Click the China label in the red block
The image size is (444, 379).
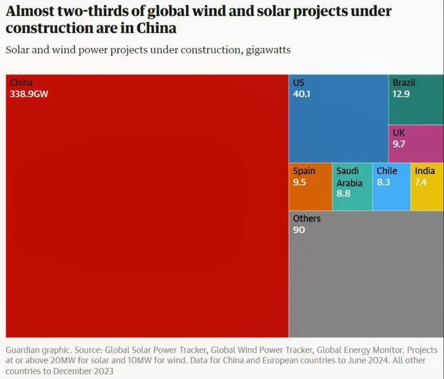tap(21, 83)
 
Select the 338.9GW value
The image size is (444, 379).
tap(29, 94)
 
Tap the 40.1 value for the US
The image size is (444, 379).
tap(301, 94)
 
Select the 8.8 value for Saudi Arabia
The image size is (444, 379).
tap(343, 194)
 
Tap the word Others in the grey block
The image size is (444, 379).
tap(307, 218)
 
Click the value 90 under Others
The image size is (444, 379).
tap(299, 230)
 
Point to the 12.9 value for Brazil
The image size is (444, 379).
tap(401, 94)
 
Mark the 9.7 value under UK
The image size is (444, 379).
tap(399, 144)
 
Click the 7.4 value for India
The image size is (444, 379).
tap(421, 182)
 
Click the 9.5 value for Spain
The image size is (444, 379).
tap(299, 182)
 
